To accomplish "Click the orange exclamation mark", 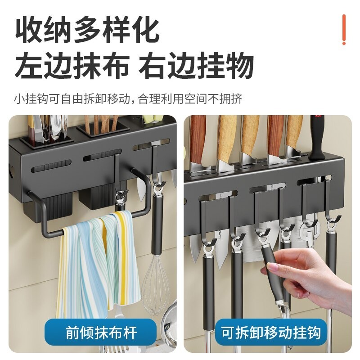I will (x=344, y=30).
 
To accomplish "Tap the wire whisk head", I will (x=157, y=288).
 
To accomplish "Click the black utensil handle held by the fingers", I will (x=272, y=265).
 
